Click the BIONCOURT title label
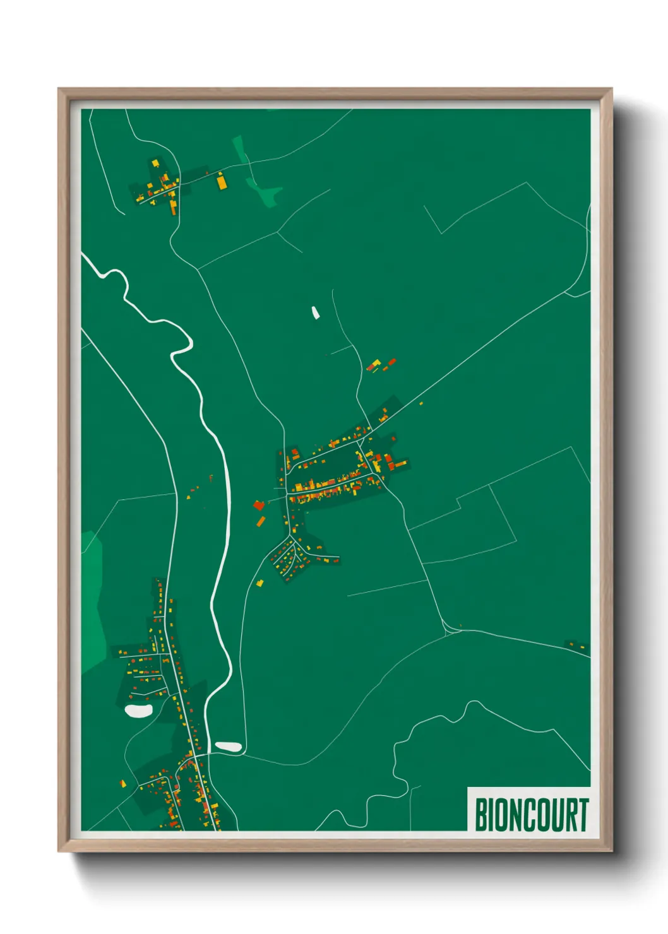click(531, 814)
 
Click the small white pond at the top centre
click(315, 312)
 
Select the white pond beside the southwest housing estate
click(138, 711)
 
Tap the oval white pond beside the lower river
click(229, 747)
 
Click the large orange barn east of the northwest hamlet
click(221, 182)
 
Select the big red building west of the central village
click(258, 505)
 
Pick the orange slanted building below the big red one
click(261, 521)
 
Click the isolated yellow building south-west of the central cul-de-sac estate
click(259, 582)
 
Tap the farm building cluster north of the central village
click(381, 365)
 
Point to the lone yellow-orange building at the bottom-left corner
click(122, 783)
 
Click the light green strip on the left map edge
click(92, 600)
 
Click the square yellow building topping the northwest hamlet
click(155, 163)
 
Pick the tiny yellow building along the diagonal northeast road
click(421, 403)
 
